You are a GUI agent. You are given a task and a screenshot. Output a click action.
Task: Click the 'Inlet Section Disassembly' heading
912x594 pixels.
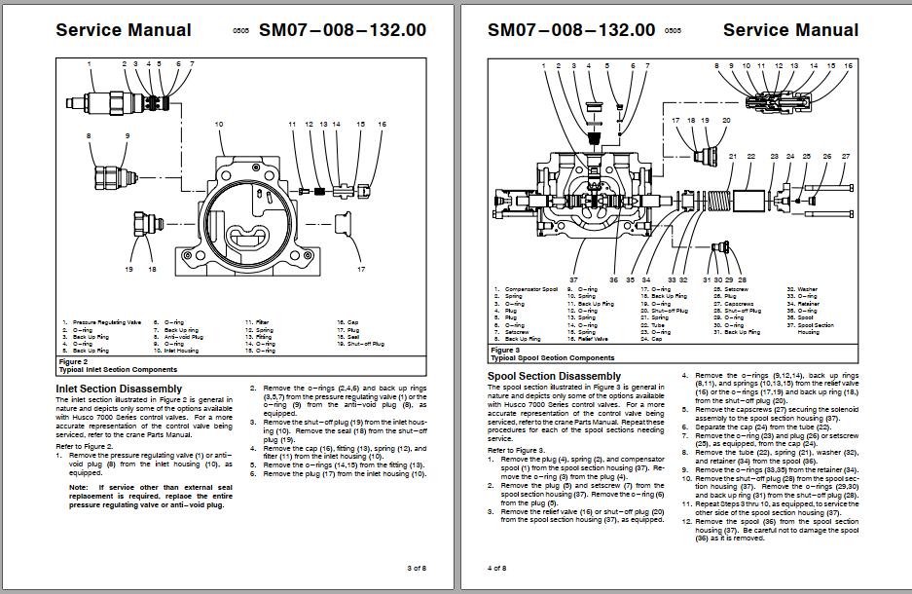point(119,389)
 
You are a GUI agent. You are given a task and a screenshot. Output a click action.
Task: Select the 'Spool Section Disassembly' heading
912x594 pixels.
point(554,375)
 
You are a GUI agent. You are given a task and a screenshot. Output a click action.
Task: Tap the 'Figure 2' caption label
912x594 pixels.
point(74,361)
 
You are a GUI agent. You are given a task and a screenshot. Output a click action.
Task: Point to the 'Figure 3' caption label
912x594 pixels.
point(505,350)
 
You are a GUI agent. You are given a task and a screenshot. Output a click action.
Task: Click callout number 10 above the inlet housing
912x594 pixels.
point(219,125)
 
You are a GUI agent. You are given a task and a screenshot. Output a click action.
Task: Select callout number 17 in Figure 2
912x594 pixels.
point(360,269)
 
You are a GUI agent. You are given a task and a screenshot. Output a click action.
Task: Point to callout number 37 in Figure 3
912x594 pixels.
point(574,279)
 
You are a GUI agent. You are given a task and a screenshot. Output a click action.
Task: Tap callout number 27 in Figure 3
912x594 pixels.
point(845,156)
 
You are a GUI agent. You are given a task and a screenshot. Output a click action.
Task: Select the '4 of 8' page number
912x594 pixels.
point(496,567)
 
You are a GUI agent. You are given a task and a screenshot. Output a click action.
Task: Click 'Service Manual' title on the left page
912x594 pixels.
point(124,29)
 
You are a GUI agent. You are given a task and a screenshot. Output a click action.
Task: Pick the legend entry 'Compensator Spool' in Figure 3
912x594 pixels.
point(530,289)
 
